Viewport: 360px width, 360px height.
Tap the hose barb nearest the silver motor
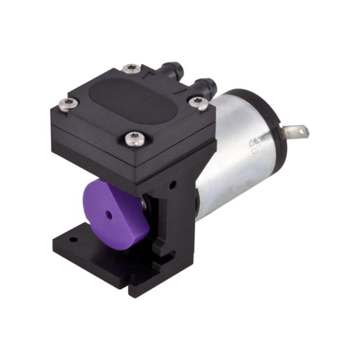207,84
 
